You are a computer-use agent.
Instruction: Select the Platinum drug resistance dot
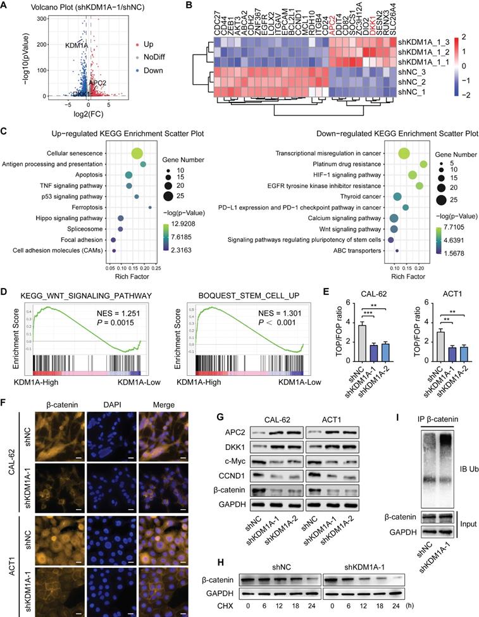coord(423,164)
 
